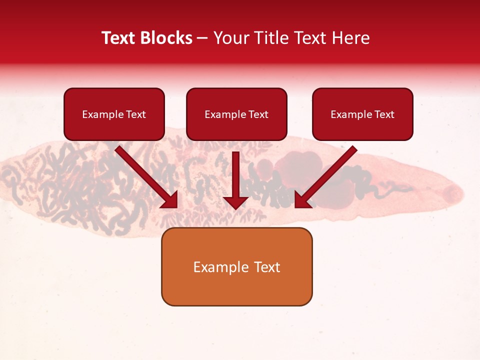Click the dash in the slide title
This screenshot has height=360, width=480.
(x=202, y=38)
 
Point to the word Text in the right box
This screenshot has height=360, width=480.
(x=384, y=114)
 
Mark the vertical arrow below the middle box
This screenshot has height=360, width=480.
(x=235, y=175)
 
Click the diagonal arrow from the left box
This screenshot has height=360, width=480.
(x=145, y=175)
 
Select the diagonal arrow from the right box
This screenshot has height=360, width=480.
(x=327, y=175)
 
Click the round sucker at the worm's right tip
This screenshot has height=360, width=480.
(x=452, y=192)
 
